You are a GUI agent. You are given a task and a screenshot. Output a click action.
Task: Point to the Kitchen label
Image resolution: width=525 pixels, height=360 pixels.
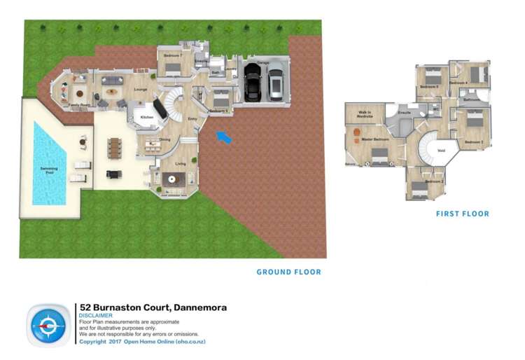[147, 117]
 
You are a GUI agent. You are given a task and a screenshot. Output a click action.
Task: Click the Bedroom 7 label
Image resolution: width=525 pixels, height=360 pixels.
[173, 55]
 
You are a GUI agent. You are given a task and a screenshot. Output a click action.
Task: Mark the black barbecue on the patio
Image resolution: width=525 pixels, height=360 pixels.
[110, 175]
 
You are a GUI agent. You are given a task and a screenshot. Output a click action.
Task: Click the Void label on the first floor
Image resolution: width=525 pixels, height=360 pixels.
[441, 151]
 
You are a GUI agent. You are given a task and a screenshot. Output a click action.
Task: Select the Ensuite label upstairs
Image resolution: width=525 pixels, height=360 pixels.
[404, 112]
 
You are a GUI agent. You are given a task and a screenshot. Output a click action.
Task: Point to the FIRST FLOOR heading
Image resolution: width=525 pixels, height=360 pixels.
[462, 214]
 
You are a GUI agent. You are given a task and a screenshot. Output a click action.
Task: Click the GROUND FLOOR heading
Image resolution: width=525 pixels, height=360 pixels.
[288, 272]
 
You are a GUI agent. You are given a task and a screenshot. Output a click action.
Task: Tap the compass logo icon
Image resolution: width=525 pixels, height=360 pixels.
[48, 324]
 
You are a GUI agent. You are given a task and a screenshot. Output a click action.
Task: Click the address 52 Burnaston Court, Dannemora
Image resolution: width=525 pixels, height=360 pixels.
[153, 307]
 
